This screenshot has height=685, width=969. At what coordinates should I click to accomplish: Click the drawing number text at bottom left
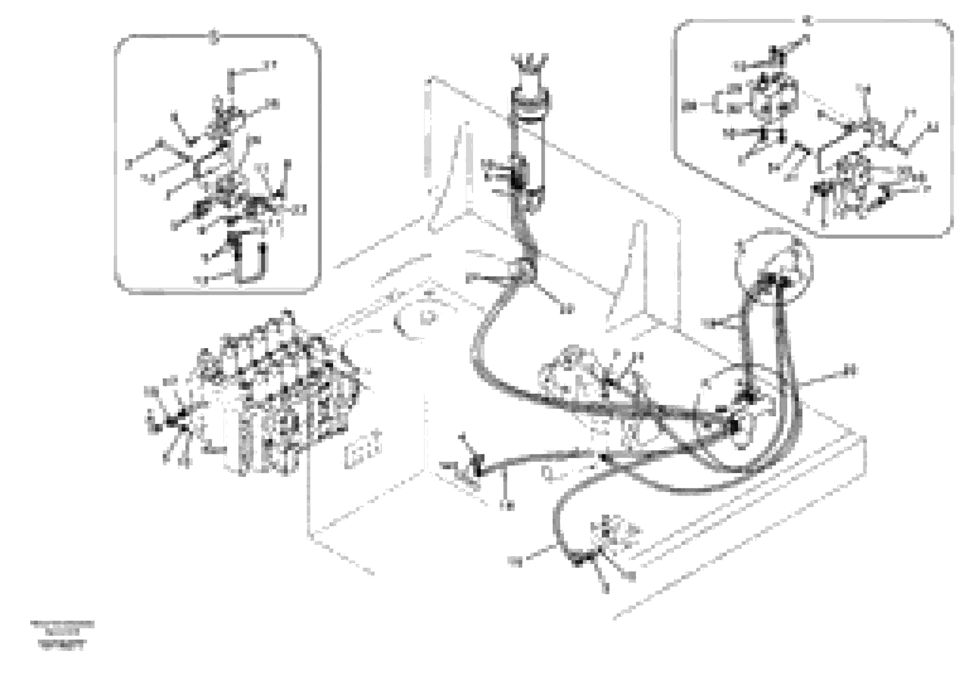(x=62, y=634)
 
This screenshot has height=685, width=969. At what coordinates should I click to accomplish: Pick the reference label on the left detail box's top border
(x=214, y=37)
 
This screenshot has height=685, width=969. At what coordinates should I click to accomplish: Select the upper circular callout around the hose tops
(x=772, y=266)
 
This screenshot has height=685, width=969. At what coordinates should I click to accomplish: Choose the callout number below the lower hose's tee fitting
(x=506, y=505)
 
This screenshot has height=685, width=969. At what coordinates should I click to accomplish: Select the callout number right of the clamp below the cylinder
(x=567, y=309)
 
